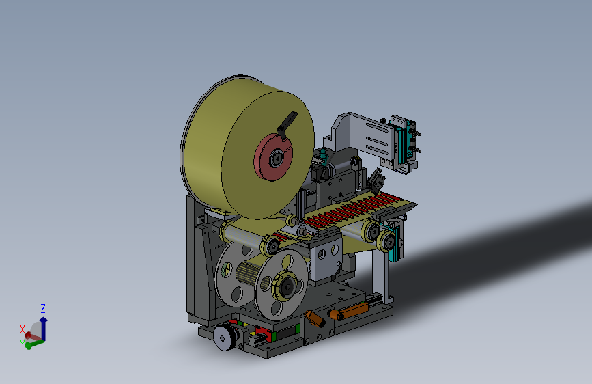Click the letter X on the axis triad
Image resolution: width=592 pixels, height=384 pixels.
[x=23, y=329]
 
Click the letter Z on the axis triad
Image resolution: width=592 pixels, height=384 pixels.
[x=43, y=308]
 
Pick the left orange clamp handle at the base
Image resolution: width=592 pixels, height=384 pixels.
[x=315, y=318]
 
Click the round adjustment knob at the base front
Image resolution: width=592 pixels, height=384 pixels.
[x=223, y=337]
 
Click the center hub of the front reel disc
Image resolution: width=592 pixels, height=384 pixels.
[x=285, y=286]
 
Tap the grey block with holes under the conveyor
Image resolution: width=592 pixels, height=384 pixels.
[x=327, y=256]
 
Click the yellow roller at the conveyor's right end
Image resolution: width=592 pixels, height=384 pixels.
[x=371, y=231]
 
